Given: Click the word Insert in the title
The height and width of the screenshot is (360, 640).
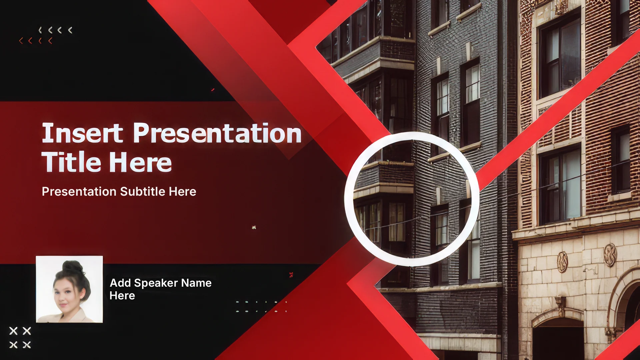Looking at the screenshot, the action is point(82,133).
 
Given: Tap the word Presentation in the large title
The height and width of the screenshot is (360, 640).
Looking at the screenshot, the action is point(217,133).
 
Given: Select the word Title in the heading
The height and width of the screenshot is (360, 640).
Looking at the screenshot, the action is point(71,162).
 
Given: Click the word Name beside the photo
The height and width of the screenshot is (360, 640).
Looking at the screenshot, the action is point(196,283).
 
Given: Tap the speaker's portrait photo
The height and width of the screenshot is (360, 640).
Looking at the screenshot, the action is point(69,289).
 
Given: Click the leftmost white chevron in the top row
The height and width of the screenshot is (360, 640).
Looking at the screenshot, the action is point(40,30).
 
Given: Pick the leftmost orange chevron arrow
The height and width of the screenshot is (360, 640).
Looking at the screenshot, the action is point(21,41).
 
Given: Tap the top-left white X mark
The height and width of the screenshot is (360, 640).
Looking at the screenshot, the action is point(13,331).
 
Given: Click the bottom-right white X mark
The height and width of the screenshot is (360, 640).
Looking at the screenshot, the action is point(27,345).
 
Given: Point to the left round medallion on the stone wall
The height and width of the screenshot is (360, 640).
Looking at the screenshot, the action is point(562,262).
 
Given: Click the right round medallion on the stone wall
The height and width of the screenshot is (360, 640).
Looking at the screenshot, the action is point(610,255).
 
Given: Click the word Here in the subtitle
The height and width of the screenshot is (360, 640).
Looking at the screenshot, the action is point(182,191).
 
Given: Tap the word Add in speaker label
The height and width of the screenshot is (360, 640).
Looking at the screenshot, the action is point(120,283).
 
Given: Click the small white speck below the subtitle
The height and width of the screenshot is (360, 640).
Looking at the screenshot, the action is point(254,227).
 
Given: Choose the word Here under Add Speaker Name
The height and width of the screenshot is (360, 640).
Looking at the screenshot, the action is point(122,296).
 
